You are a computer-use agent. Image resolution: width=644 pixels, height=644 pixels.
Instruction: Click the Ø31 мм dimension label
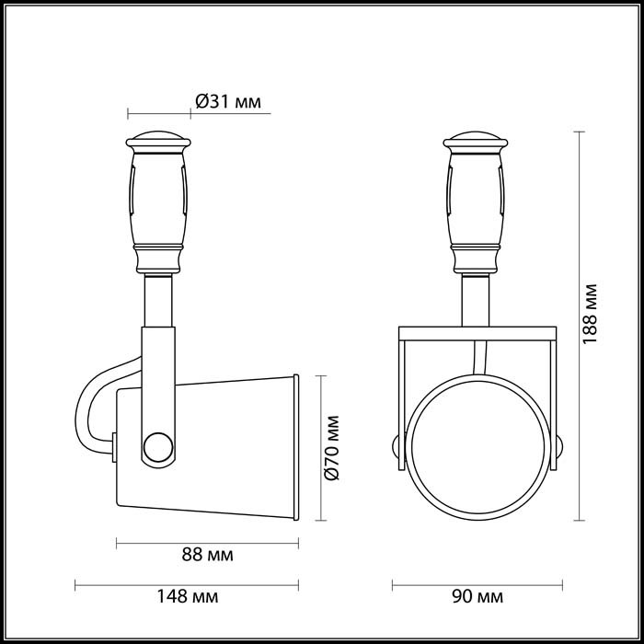[x=230, y=101]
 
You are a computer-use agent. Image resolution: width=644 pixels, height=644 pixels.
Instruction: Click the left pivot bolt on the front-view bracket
[x=396, y=448]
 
